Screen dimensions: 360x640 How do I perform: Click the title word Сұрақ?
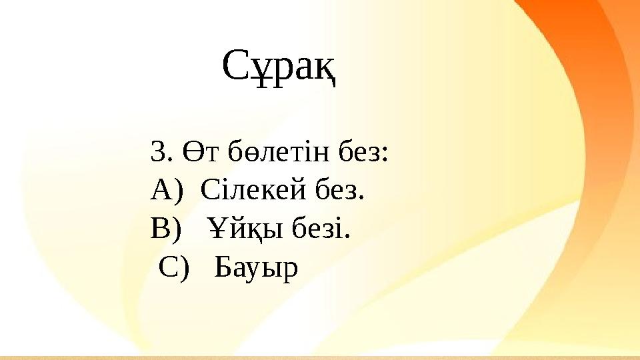(x=278, y=65)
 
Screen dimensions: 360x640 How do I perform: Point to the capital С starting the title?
(x=234, y=65)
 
